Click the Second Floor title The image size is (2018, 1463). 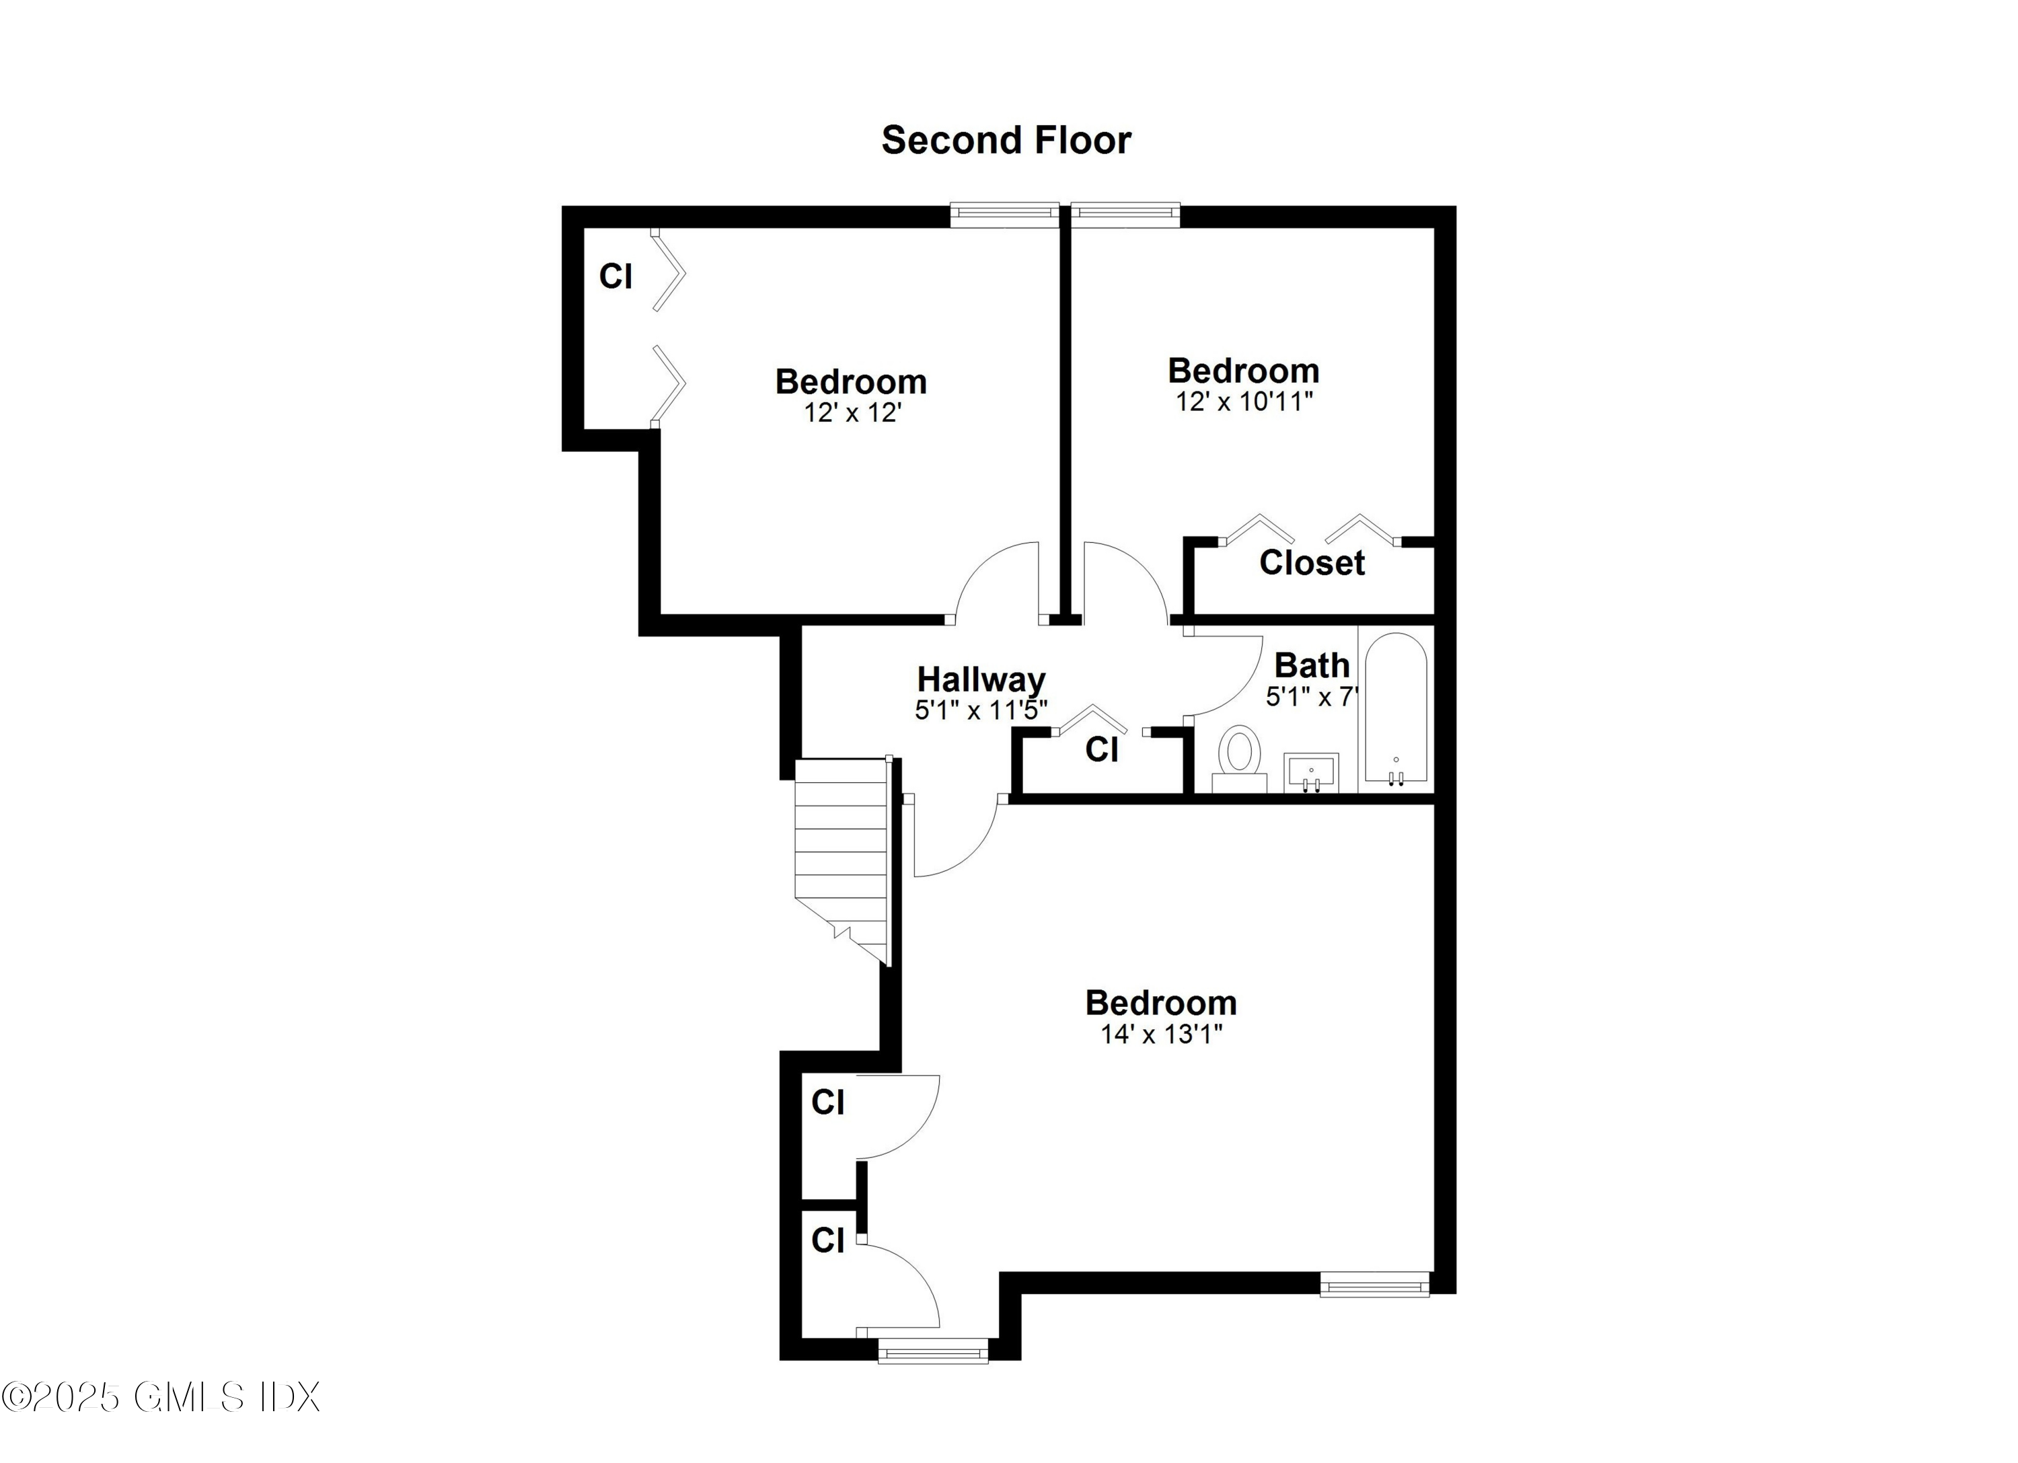pyautogui.click(x=1006, y=141)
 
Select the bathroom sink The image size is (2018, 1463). pyautogui.click(x=1310, y=772)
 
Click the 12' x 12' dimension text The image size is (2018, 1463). pyautogui.click(x=852, y=413)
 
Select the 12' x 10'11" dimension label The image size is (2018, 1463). pyautogui.click(x=1244, y=402)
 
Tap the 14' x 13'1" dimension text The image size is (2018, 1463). pyautogui.click(x=1161, y=1034)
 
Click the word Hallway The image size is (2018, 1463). pyautogui.click(x=981, y=680)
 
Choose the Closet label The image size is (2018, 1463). pyautogui.click(x=1312, y=562)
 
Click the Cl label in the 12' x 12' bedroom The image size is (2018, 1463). pyautogui.click(x=615, y=276)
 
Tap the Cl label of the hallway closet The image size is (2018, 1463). pyautogui.click(x=1102, y=750)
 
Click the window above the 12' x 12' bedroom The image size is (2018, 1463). pyautogui.click(x=1004, y=213)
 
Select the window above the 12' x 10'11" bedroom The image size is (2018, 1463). pyautogui.click(x=1125, y=213)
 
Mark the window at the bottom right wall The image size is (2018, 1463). pyautogui.click(x=1374, y=1285)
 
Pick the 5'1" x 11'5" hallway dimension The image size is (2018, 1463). pyautogui.click(x=981, y=710)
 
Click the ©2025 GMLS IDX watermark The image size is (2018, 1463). pyautogui.click(x=160, y=1397)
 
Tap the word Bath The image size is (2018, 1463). pyautogui.click(x=1312, y=666)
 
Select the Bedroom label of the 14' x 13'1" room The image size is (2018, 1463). pyautogui.click(x=1161, y=1003)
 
